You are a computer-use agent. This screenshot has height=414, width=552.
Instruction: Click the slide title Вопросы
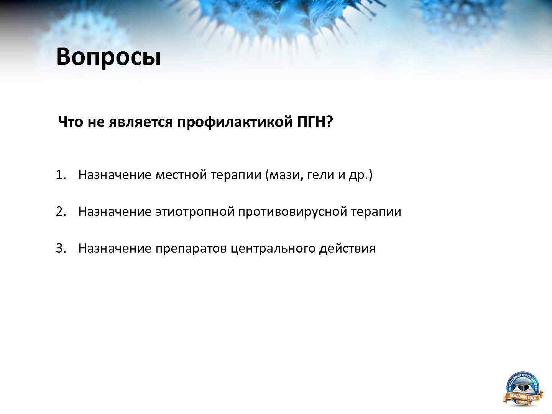[108, 57]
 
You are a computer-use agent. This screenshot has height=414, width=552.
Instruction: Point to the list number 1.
[61, 175]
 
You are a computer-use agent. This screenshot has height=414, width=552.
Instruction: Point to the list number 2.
[61, 212]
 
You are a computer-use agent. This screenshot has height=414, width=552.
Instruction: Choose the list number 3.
[61, 248]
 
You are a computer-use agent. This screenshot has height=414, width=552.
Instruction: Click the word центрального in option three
[273, 248]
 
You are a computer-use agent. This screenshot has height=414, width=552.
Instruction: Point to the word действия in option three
[347, 248]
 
